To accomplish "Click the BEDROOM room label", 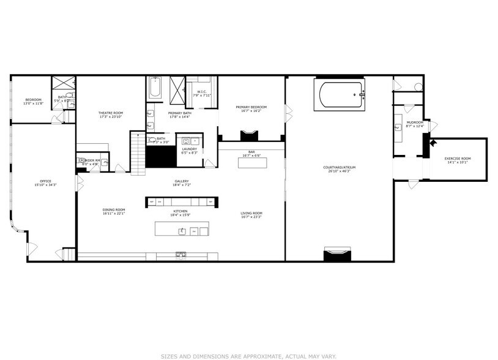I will pos(33,100).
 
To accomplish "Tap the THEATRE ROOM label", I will pos(111,113).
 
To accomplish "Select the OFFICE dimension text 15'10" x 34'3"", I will pos(46,185).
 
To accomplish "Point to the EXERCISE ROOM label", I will pos(458,159).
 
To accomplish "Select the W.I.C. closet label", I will pos(201,92).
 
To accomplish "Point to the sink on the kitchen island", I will pos(182,231).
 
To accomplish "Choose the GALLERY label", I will pos(181,181).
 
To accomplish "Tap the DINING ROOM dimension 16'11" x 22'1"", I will pos(114,214).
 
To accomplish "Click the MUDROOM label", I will pos(415,122).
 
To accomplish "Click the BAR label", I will pos(251,152).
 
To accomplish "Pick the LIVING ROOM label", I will pos(251,214).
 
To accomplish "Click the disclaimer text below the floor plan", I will pos(248,355).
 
